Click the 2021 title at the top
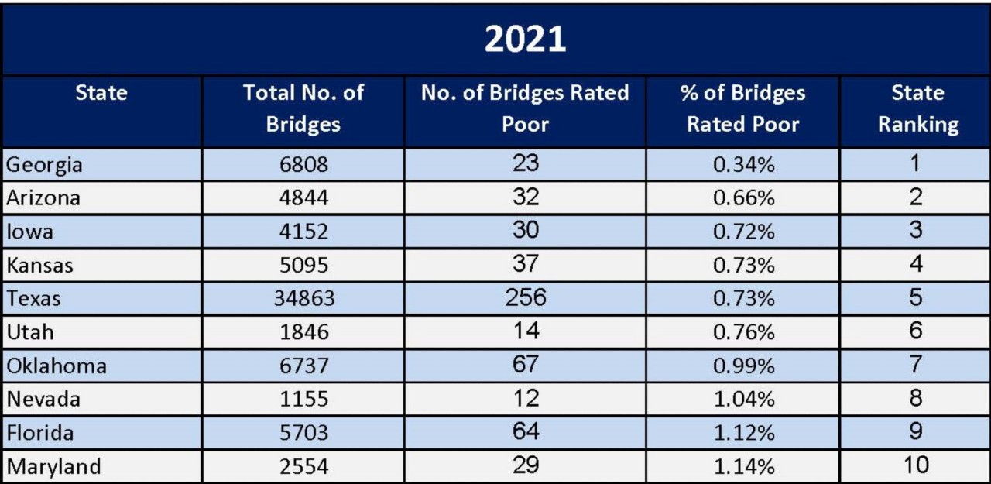point(525,39)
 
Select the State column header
point(101,94)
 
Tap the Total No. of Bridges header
point(303,109)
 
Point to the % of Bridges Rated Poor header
point(742,109)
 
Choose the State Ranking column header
point(917,109)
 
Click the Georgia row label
point(44,165)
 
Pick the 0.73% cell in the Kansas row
point(742,266)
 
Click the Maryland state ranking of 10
point(917,465)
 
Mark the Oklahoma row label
point(57,366)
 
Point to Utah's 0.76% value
point(742,332)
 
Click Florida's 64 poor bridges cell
point(525,432)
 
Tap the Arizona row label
point(43,198)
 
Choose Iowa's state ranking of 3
point(917,231)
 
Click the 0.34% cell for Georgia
point(742,165)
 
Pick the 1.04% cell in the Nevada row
point(742,400)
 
